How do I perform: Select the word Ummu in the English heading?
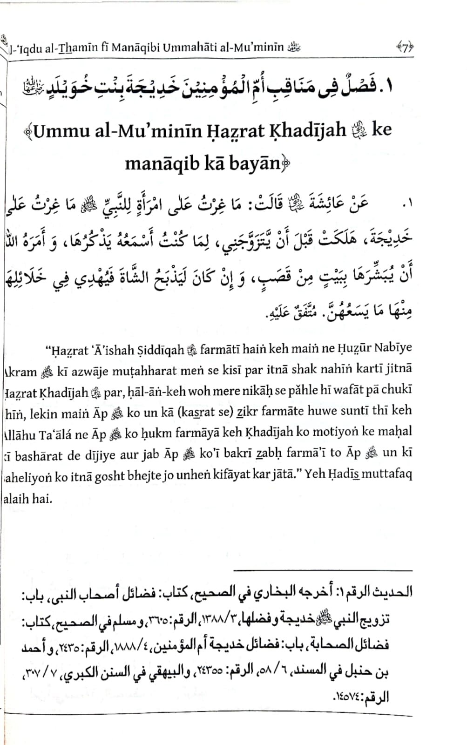(x=60, y=131)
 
